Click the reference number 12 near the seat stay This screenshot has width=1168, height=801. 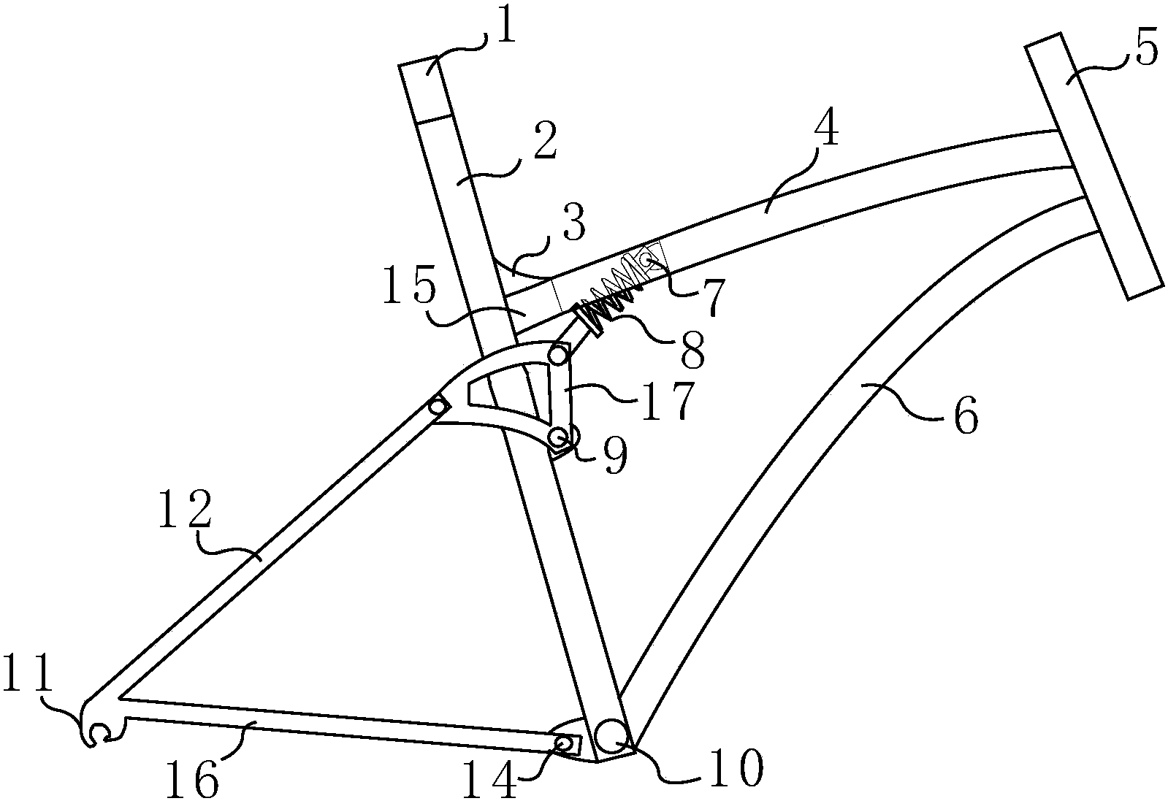click(186, 508)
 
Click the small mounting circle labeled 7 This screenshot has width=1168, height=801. click(646, 259)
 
